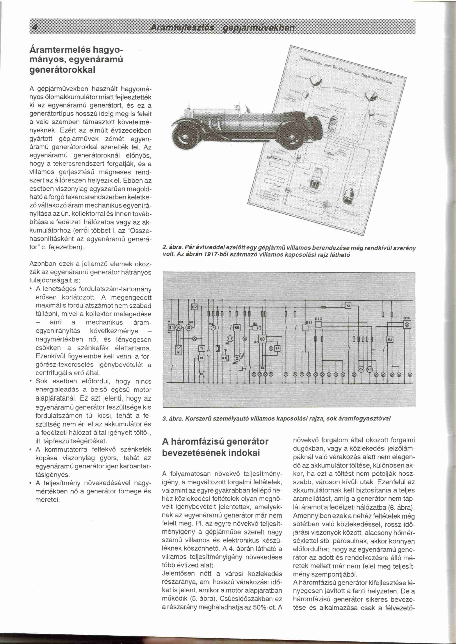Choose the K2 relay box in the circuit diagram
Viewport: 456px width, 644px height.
click(389, 339)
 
